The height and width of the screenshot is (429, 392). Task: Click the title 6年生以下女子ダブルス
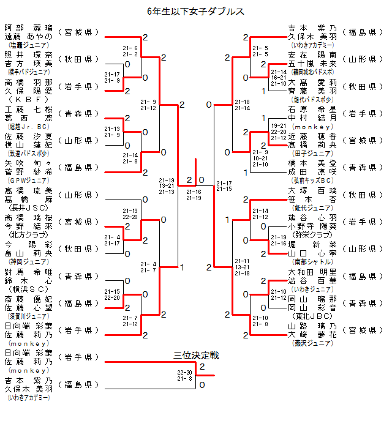pos(196,11)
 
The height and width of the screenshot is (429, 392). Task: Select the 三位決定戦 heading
pos(196,355)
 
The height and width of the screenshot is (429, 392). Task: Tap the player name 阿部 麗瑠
pos(28,28)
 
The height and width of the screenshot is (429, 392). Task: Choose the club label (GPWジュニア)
pos(28,181)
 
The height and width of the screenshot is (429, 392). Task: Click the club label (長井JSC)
pos(28,207)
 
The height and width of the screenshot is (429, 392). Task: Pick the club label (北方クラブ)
pos(28,234)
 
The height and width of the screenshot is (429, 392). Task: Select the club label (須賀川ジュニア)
pos(28,316)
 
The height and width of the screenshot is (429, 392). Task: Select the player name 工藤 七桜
pos(28,110)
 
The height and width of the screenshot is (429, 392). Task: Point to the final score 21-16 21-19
pos(194,195)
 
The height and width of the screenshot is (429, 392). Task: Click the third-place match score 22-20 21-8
pos(185,375)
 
